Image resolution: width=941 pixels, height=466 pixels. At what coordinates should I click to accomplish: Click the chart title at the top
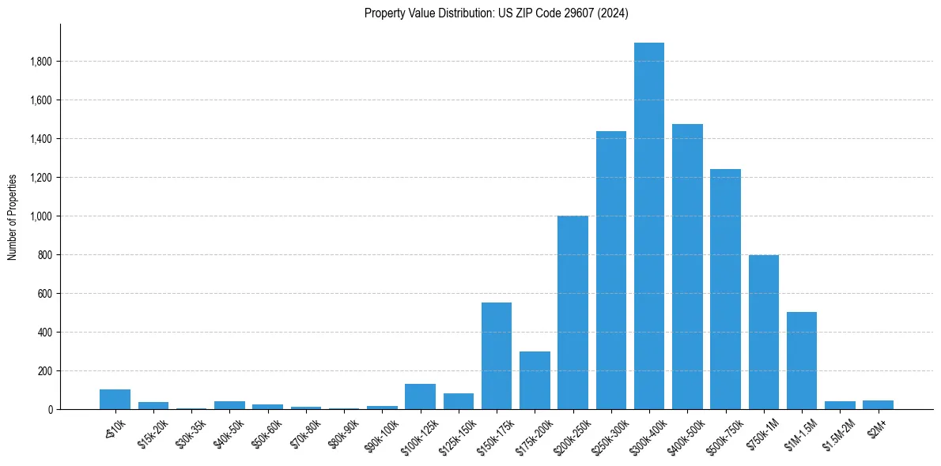pyautogui.click(x=496, y=13)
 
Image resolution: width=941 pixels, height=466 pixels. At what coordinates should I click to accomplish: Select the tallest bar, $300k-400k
pyautogui.click(x=649, y=226)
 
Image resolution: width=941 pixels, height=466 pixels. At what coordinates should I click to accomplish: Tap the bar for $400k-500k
pyautogui.click(x=687, y=267)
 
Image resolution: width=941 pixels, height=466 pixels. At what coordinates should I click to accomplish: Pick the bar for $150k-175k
pyautogui.click(x=497, y=356)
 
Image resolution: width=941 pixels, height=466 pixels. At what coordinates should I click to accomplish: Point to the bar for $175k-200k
pyautogui.click(x=535, y=381)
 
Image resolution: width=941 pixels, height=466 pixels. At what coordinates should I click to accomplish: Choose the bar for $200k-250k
pyautogui.click(x=573, y=313)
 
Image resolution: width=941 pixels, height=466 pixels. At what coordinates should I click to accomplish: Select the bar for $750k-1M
pyautogui.click(x=764, y=333)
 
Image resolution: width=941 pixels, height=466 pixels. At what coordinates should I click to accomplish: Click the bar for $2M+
pyautogui.click(x=878, y=405)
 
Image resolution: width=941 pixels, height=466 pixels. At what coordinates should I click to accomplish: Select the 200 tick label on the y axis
pyautogui.click(x=44, y=371)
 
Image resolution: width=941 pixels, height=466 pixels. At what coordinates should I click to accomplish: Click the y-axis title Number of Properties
pyautogui.click(x=13, y=216)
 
